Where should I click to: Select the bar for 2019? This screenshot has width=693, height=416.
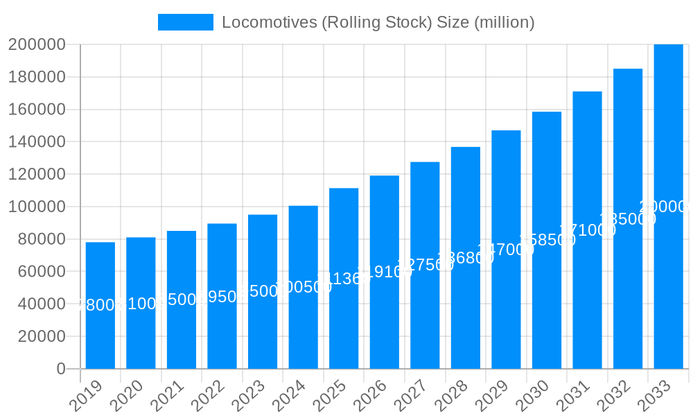tap(100, 305)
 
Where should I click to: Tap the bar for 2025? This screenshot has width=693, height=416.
tap(344, 278)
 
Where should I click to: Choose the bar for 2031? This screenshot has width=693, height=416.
tap(587, 229)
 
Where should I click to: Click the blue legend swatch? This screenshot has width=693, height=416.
tap(186, 22)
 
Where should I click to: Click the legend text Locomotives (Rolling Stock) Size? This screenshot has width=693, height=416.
tap(378, 22)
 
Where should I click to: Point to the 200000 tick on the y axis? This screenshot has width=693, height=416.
tap(36, 44)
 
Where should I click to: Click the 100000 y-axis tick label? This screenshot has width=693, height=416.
tap(36, 207)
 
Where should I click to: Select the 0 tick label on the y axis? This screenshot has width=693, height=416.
tap(61, 369)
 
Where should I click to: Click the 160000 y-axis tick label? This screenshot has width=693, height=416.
tap(36, 110)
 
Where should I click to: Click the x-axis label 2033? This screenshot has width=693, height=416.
tap(656, 397)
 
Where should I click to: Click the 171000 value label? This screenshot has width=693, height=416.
tap(587, 230)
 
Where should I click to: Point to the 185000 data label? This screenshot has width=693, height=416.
tap(628, 219)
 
